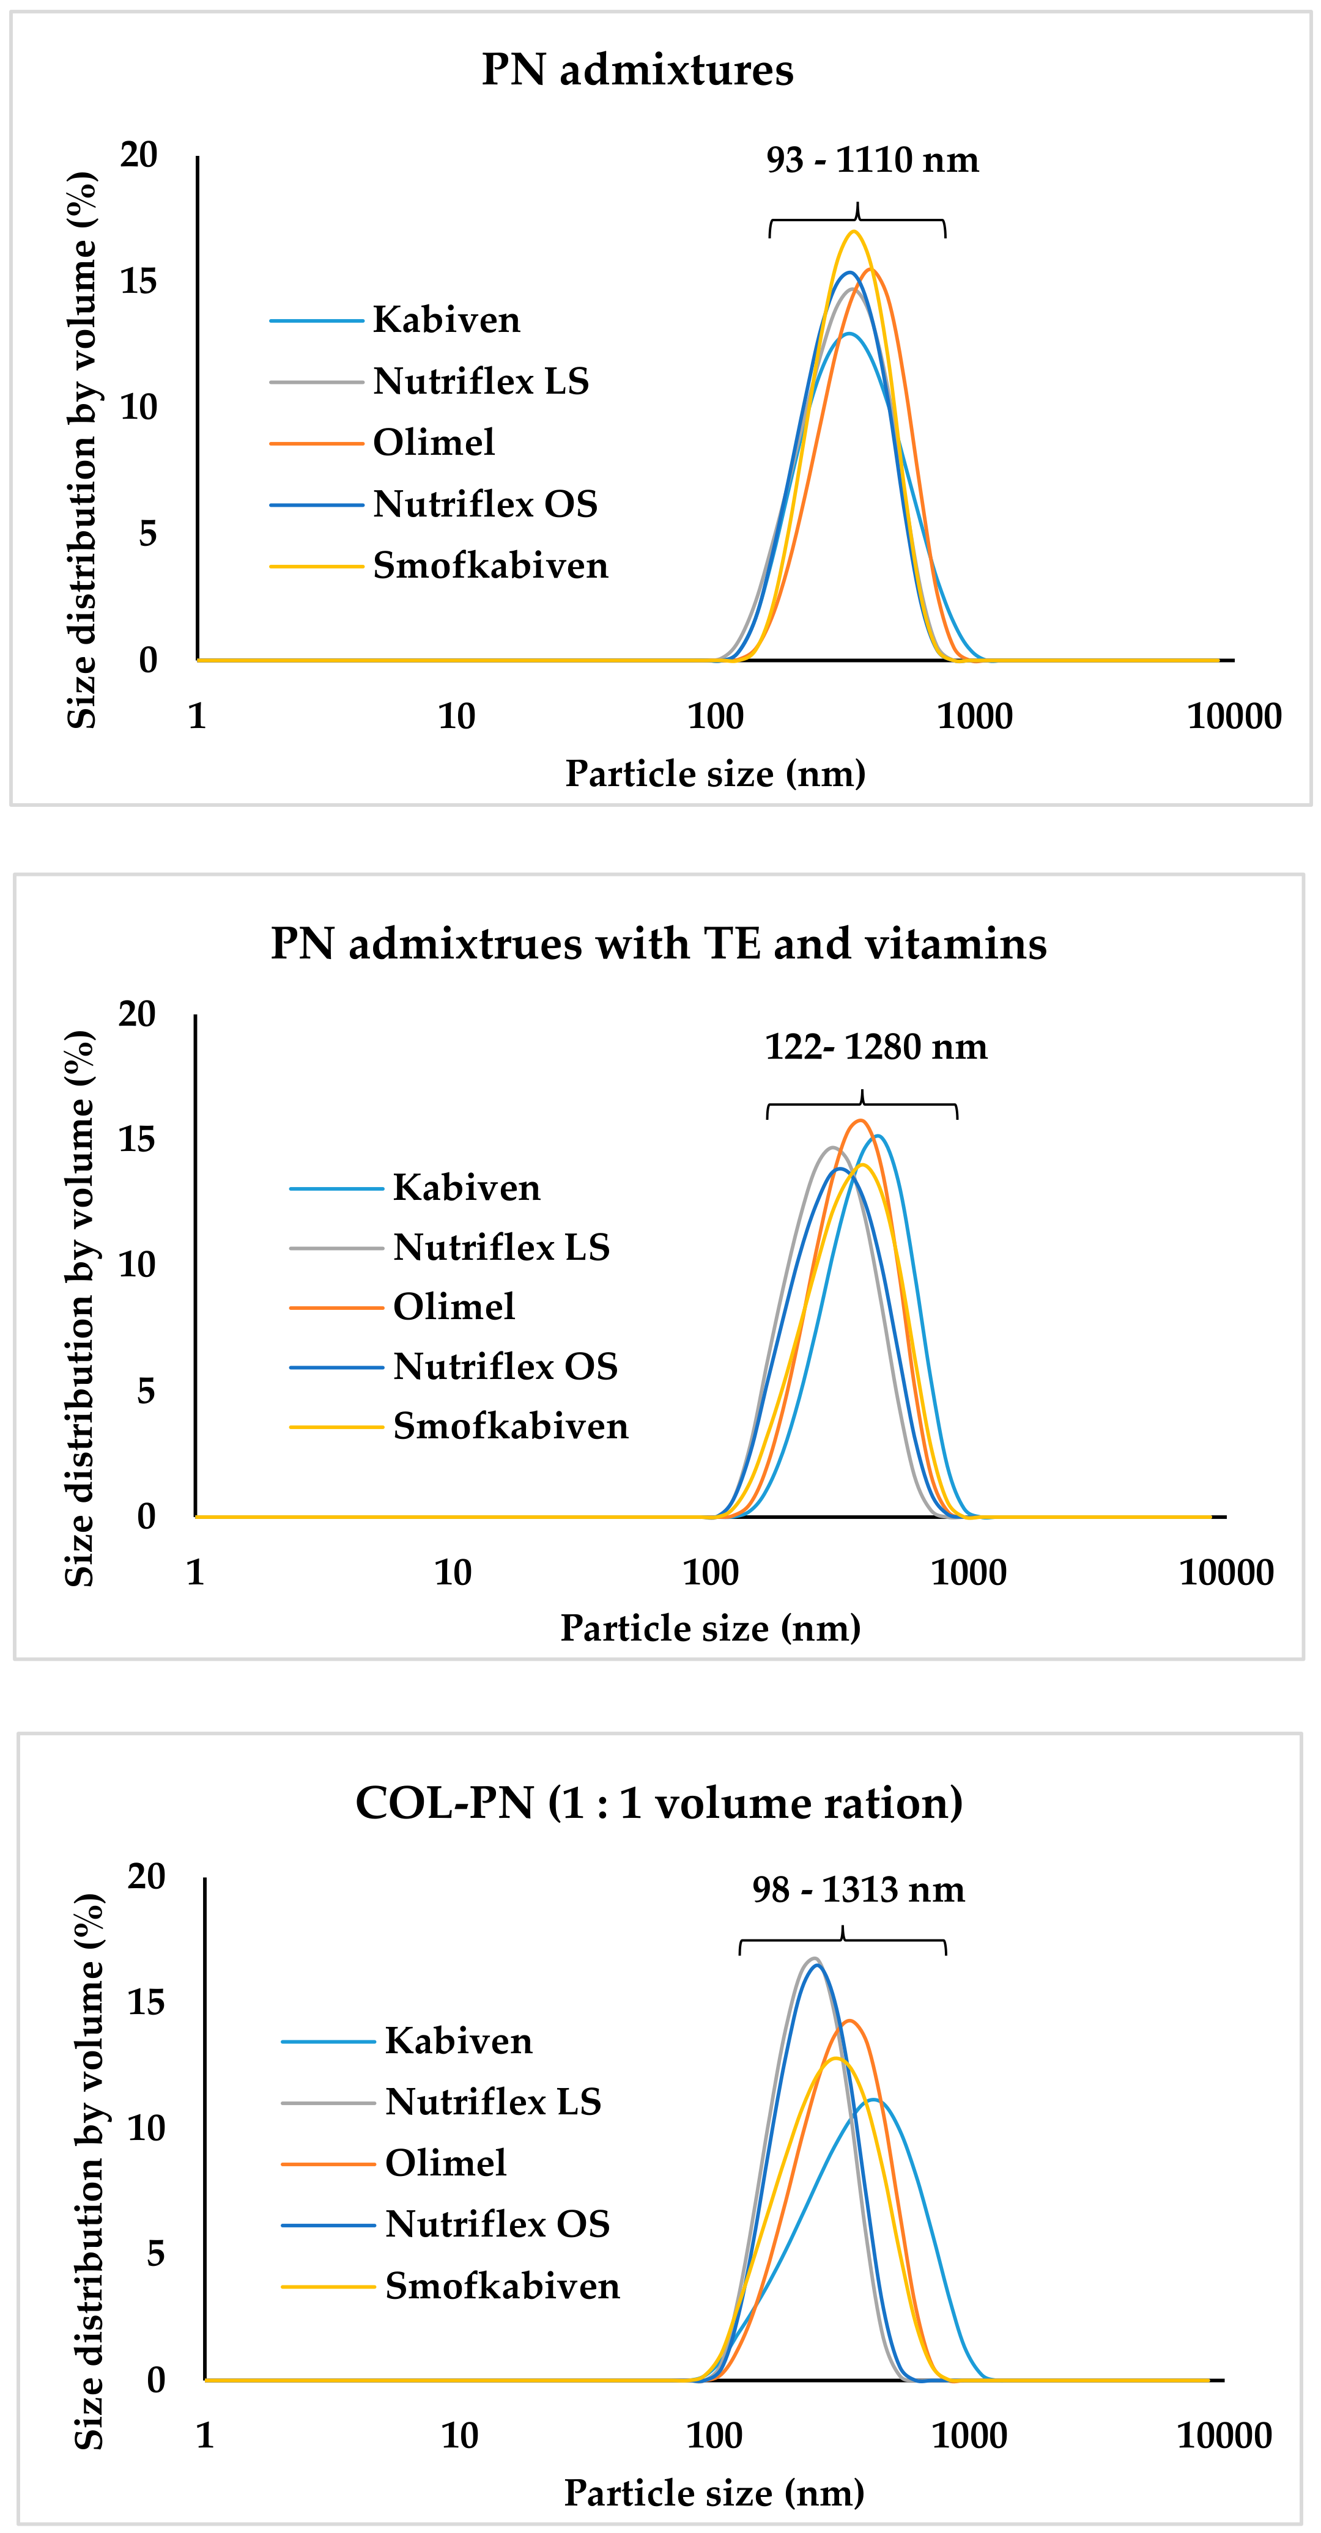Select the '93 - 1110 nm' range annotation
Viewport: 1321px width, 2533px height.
coord(873,160)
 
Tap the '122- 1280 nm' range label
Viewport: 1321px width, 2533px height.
coord(875,1047)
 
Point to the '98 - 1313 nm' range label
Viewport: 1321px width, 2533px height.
coord(857,1890)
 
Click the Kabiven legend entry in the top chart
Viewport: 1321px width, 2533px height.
coord(446,320)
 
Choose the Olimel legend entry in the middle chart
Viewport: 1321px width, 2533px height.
coord(453,1307)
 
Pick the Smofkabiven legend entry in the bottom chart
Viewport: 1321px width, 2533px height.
coord(501,2286)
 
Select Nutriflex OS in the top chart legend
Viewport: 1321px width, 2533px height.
coord(485,504)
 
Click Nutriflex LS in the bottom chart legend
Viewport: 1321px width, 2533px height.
coord(493,2101)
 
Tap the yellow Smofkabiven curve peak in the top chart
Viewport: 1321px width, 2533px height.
coord(854,232)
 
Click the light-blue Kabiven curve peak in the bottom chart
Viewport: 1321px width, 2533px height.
coord(871,2100)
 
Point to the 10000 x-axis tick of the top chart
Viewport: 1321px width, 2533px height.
coord(1234,717)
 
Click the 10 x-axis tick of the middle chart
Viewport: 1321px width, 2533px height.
coord(453,1572)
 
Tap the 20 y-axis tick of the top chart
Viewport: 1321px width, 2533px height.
coord(139,155)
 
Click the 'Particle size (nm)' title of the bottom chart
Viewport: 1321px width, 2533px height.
coord(713,2493)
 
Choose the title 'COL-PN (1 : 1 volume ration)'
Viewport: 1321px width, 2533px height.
coord(659,1803)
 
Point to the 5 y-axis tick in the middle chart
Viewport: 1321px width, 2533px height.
coord(146,1391)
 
